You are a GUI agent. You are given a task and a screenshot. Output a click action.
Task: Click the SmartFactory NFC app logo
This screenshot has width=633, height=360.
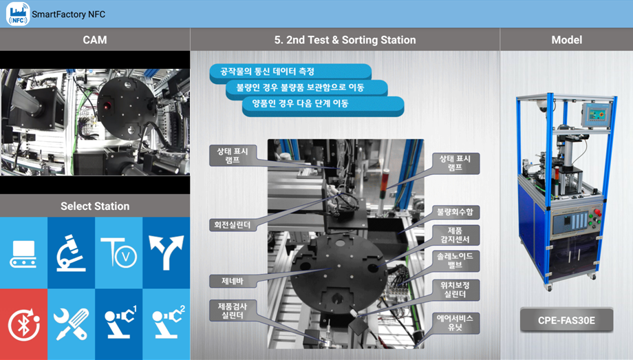tap(18, 14)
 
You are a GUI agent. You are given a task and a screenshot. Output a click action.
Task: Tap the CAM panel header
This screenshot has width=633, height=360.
tap(95, 40)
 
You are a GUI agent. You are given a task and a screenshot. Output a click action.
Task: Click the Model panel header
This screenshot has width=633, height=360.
tap(566, 40)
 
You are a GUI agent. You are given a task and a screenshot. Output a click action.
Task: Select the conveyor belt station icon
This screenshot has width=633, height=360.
tap(23, 253)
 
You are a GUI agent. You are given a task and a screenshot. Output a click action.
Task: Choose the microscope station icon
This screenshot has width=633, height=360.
tap(71, 253)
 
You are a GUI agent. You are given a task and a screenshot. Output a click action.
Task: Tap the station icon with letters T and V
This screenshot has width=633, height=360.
tap(118, 253)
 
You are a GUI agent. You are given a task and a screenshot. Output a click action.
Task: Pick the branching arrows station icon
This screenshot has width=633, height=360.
tap(167, 253)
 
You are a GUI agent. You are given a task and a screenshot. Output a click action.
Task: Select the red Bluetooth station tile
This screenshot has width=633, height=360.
tap(23, 324)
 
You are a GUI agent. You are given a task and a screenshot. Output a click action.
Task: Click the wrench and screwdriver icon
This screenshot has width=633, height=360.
tap(71, 324)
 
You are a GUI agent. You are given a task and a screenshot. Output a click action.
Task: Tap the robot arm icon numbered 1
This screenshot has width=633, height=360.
tap(118, 324)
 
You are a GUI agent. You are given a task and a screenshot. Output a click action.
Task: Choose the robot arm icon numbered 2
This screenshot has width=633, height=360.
tap(167, 324)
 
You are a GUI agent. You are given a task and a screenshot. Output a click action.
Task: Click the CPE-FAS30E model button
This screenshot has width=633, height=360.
tap(566, 320)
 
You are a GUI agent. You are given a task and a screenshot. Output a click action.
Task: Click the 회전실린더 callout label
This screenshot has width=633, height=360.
tap(233, 225)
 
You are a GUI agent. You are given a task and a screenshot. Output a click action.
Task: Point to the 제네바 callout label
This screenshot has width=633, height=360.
tap(233, 282)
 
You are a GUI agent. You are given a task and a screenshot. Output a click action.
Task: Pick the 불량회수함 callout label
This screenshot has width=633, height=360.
tap(455, 212)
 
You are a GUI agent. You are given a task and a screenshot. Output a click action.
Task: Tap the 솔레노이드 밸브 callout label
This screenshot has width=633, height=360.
tap(455, 261)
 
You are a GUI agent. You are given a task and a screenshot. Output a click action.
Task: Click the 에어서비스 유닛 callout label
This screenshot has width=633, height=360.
tap(455, 323)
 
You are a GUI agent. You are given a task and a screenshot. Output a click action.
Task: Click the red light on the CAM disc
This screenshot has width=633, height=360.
tap(107, 107)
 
